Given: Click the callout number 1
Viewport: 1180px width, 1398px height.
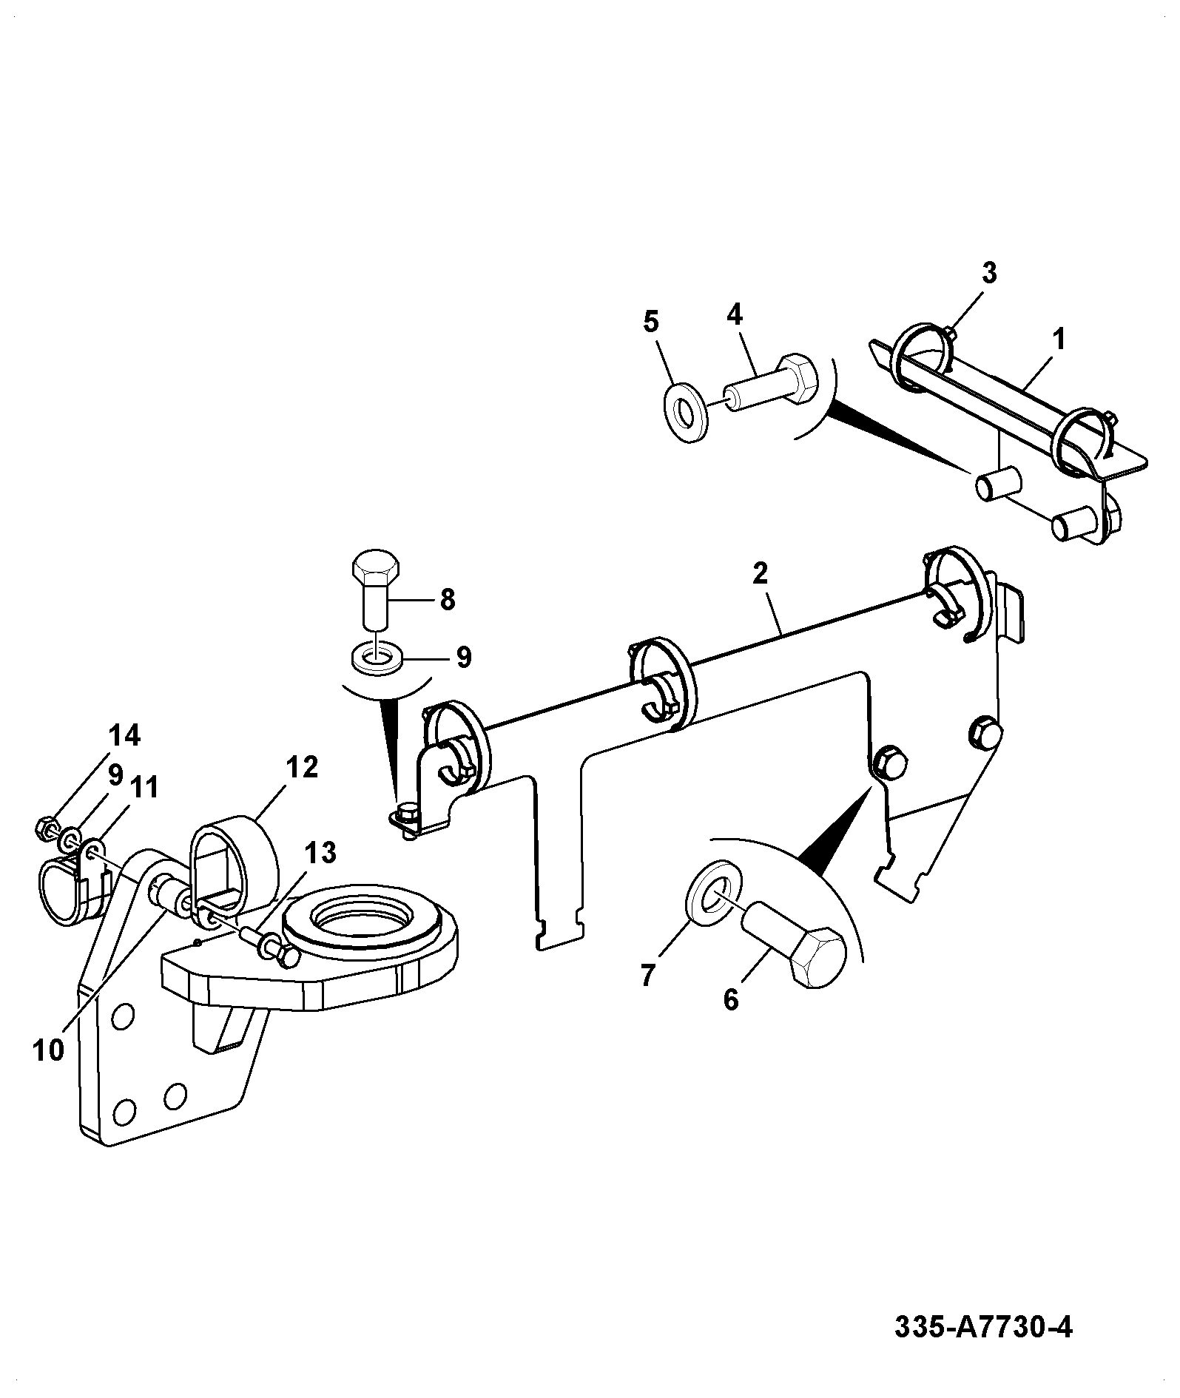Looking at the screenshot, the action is click(x=1059, y=340).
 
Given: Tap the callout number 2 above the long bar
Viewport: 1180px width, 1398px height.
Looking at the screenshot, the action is click(x=761, y=573).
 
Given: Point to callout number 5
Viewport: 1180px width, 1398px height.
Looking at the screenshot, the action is click(x=651, y=322).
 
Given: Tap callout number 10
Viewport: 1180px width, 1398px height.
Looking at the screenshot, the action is click(x=49, y=1050).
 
